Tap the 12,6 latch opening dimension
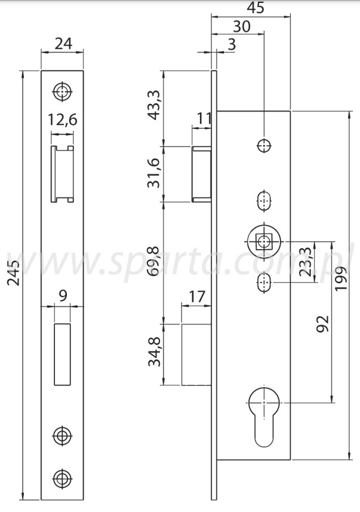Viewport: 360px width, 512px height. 63,119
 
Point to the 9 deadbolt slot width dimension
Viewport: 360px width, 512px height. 62,294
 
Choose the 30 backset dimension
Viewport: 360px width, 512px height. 241,27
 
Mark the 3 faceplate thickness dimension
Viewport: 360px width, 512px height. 231,44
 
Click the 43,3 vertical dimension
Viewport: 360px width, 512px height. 153,105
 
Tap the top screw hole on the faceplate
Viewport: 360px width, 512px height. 62,91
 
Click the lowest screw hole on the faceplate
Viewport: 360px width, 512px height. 62,478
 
